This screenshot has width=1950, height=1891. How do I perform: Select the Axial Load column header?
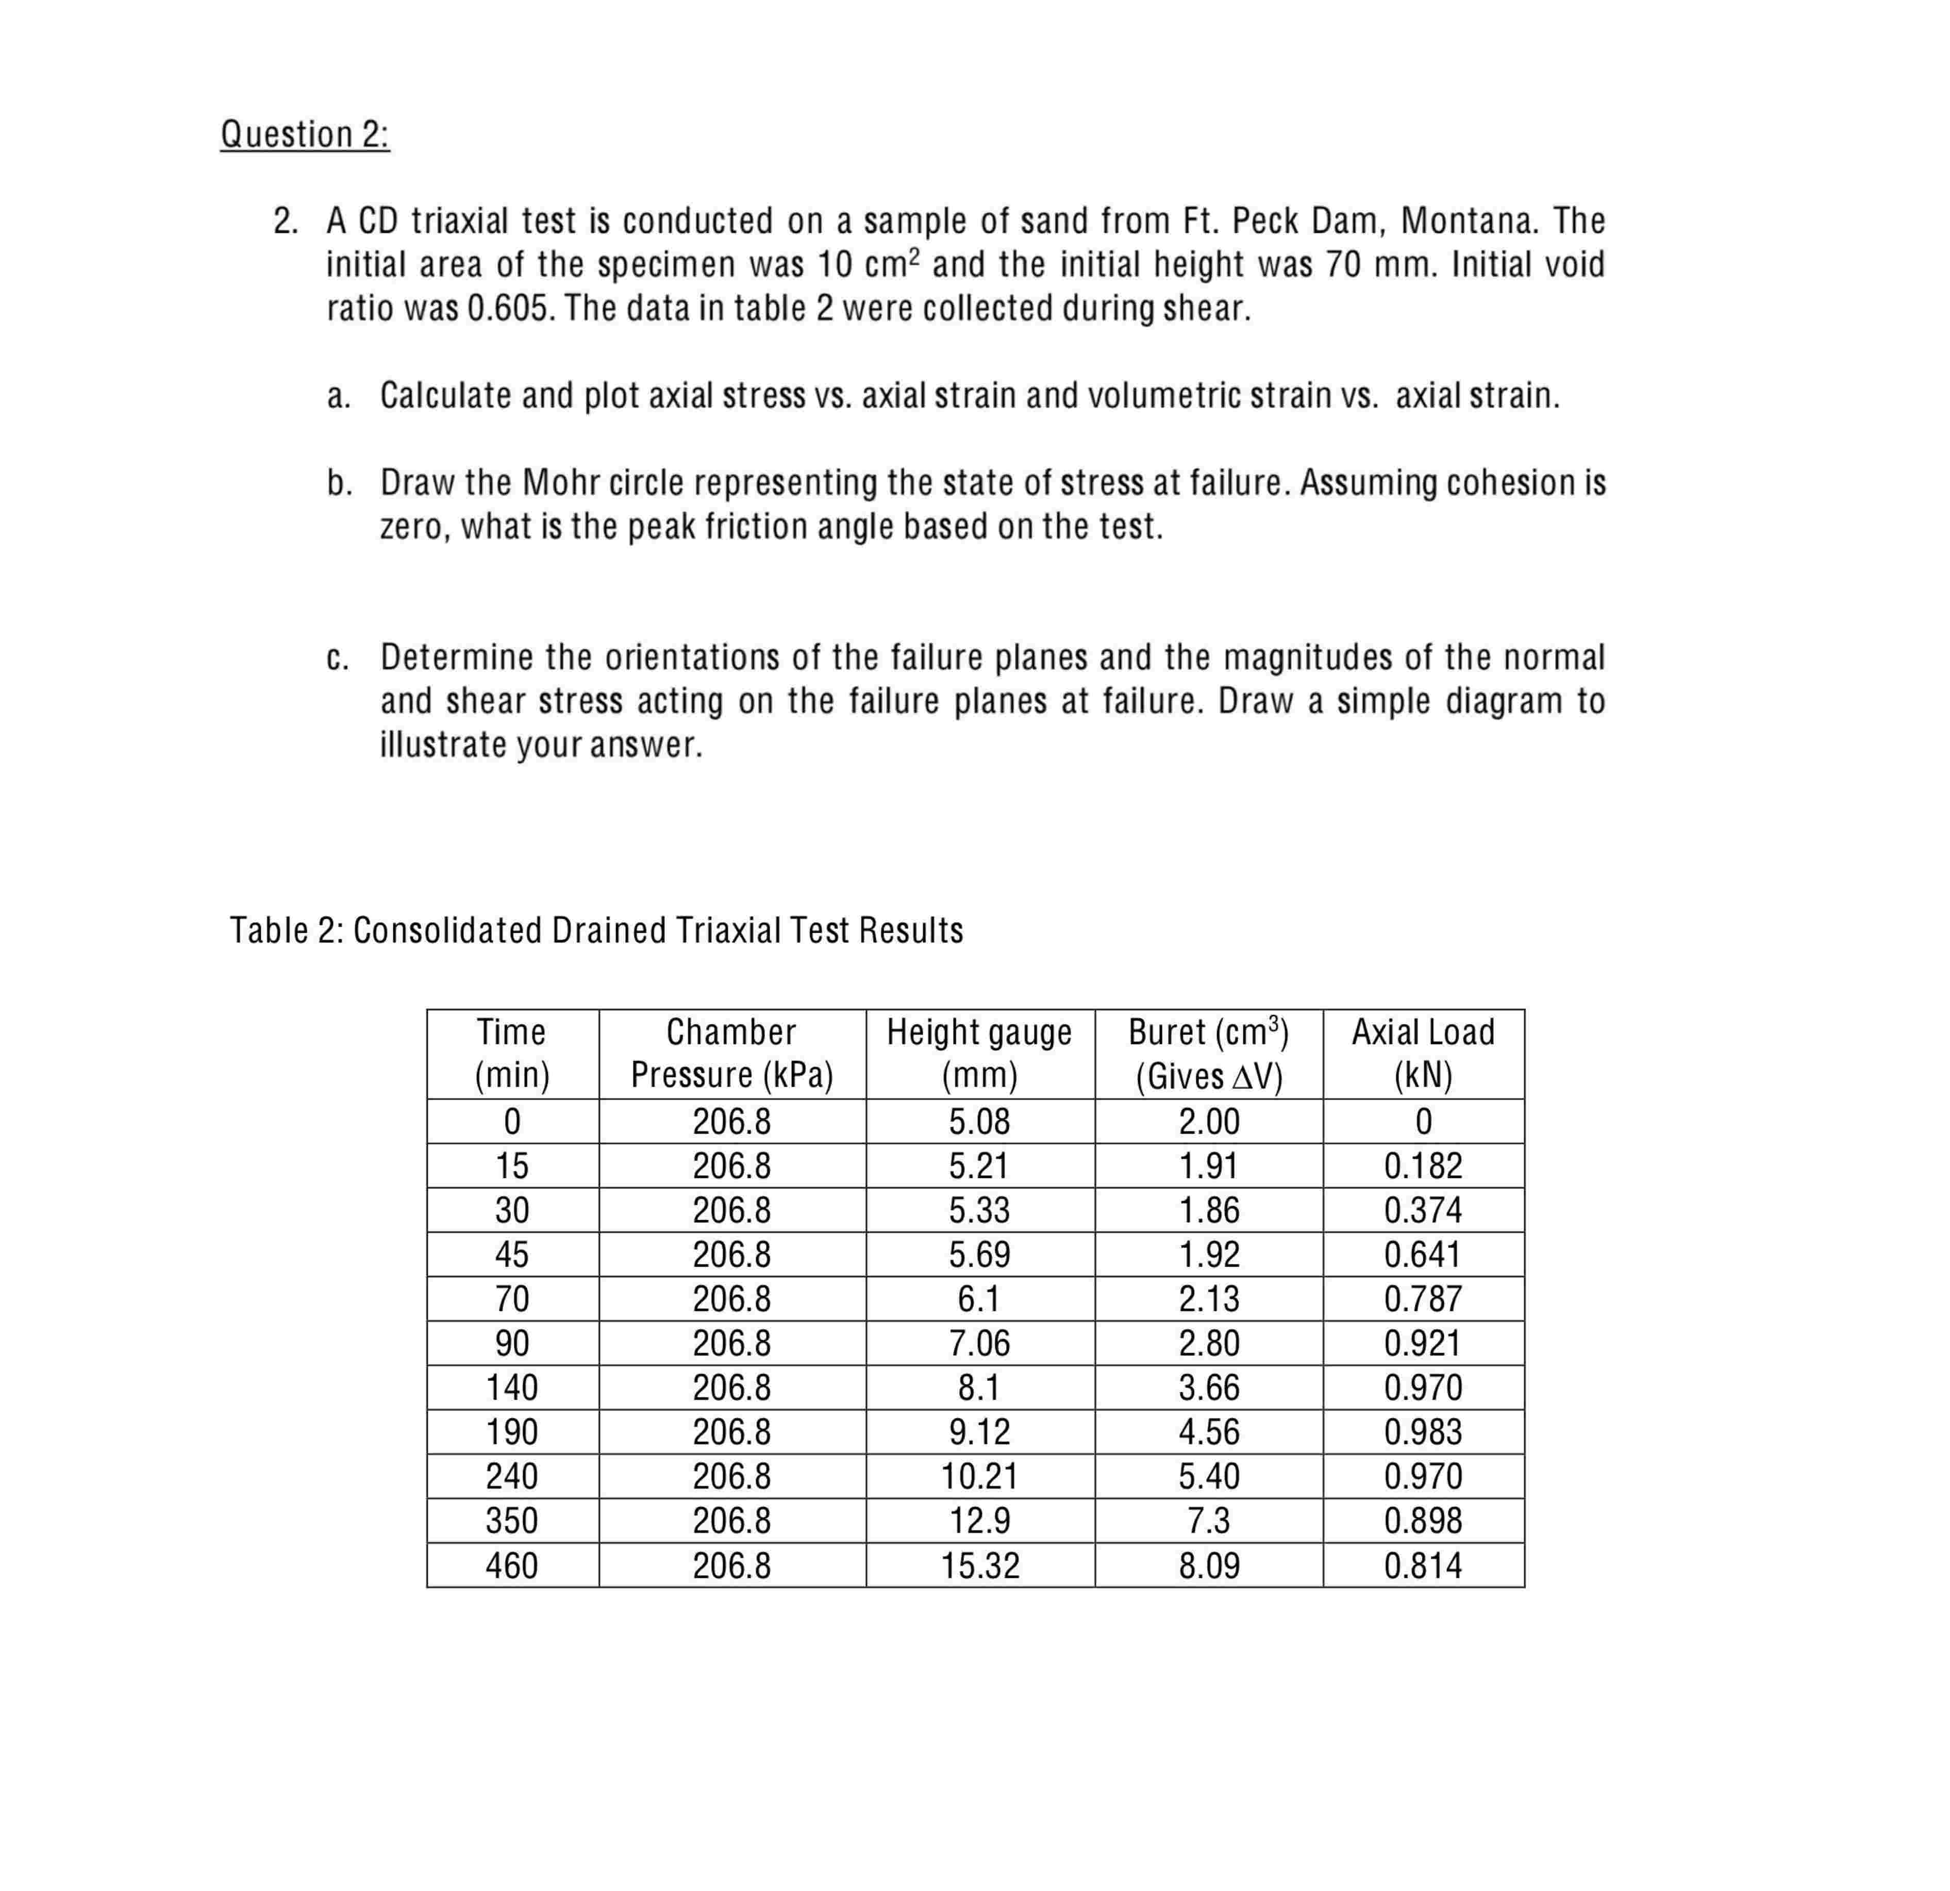click(1423, 1053)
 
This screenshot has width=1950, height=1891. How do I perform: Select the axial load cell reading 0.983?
click(1423, 1431)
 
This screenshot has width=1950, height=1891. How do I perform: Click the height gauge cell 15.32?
click(980, 1566)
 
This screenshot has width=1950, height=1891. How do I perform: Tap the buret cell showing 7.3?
click(1209, 1521)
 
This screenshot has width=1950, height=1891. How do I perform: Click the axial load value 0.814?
click(1423, 1566)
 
